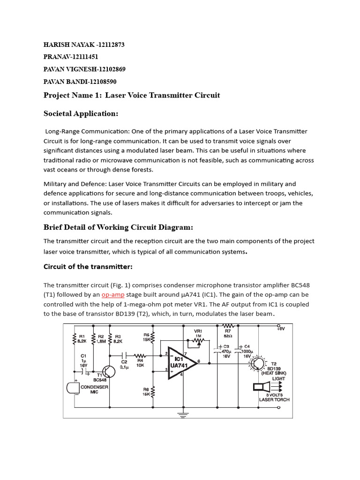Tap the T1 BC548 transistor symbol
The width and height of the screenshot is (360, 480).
108,371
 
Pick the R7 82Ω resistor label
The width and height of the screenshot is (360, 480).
228,333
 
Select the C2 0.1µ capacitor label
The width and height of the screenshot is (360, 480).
124,365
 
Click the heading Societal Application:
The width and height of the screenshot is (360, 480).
81,113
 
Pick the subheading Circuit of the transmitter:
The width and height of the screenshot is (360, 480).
88,267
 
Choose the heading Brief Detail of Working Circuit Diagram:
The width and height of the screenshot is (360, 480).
118,227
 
